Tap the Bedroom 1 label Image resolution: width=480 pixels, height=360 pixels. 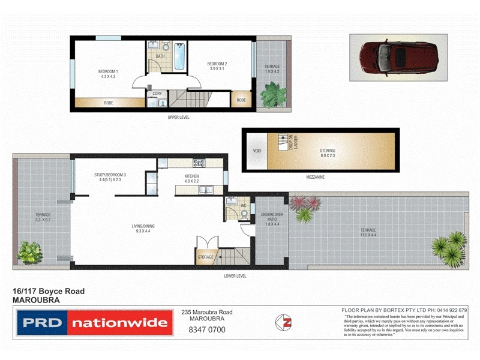[x=109, y=74]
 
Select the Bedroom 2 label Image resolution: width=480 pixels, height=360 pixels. [x=217, y=67]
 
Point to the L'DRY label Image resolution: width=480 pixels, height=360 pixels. [x=158, y=94]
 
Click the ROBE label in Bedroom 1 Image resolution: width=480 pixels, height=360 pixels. [x=109, y=103]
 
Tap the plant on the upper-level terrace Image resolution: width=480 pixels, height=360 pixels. [x=273, y=93]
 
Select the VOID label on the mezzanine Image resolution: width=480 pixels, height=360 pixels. [x=257, y=151]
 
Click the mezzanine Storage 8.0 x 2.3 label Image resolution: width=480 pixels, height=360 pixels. [x=327, y=153]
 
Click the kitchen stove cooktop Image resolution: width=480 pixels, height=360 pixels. [x=199, y=163]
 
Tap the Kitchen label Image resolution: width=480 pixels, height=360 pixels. [x=191, y=178]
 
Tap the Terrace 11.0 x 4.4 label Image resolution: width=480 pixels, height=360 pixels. [x=368, y=232]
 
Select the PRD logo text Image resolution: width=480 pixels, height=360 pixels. [x=43, y=323]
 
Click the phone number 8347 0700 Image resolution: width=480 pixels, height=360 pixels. [x=207, y=329]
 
